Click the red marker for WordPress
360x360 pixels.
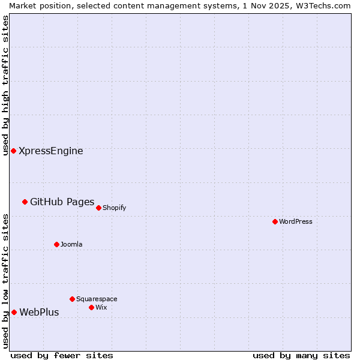coord(275,221)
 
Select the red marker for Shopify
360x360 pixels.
coord(98,208)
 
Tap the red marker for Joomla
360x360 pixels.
coord(56,244)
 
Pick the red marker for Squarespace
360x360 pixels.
coord(72,299)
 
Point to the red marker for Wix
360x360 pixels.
coord(91,307)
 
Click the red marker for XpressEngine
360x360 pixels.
coord(13,151)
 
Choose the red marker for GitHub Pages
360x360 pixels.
coord(25,202)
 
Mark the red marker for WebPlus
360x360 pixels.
coord(14,312)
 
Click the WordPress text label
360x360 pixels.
coord(296,221)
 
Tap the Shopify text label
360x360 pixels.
coord(114,208)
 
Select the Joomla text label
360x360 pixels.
coord(71,244)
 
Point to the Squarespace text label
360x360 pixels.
coord(97,299)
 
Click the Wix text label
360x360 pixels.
coord(101,307)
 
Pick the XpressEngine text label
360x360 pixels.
coord(51,151)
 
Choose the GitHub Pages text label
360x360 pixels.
coord(62,202)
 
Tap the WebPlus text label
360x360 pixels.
coord(39,313)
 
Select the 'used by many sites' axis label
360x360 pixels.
coord(301,355)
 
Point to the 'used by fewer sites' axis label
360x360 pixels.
coord(61,355)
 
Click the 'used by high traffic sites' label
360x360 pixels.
coord(5,85)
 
